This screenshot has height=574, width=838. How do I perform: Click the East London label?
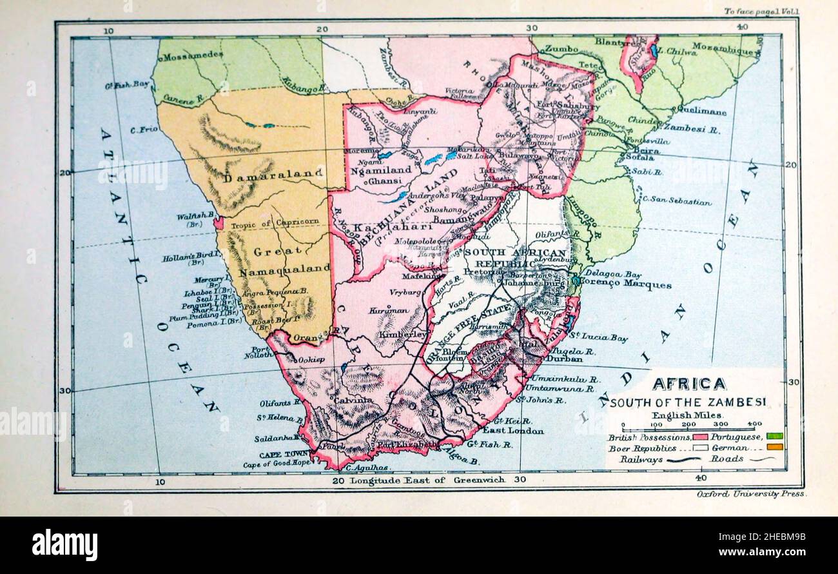pos(512,430)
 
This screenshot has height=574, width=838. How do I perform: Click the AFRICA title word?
pos(688,384)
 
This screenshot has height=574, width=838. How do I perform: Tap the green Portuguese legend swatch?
pos(775,437)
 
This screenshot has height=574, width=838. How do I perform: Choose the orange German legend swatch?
pos(775,447)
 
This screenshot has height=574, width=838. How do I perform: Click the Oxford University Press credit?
pos(751,493)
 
